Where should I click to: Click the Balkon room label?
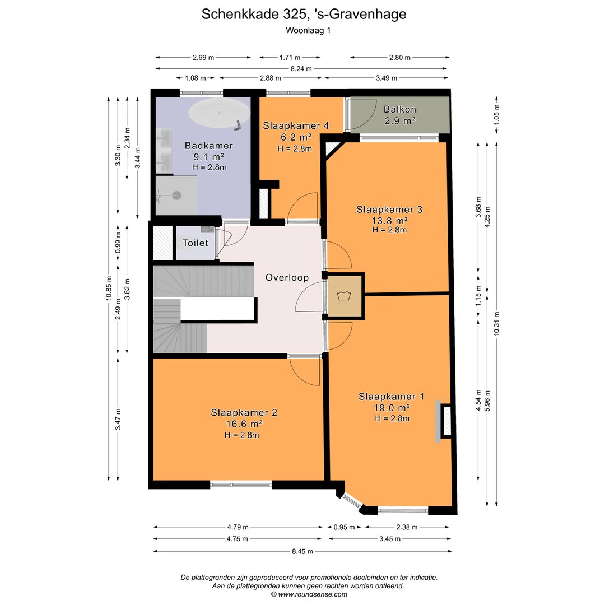[399, 109]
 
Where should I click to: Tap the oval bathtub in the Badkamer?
[219, 114]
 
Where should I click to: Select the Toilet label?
[195, 243]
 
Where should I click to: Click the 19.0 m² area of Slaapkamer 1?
[392, 407]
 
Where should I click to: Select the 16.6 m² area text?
[244, 424]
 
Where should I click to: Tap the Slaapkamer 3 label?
[389, 210]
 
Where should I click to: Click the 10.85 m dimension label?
[109, 288]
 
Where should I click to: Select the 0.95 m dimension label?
[344, 527]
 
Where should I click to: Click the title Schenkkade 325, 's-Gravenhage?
[304, 15]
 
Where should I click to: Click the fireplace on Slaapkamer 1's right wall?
[446, 422]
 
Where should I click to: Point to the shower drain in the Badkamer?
[177, 195]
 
